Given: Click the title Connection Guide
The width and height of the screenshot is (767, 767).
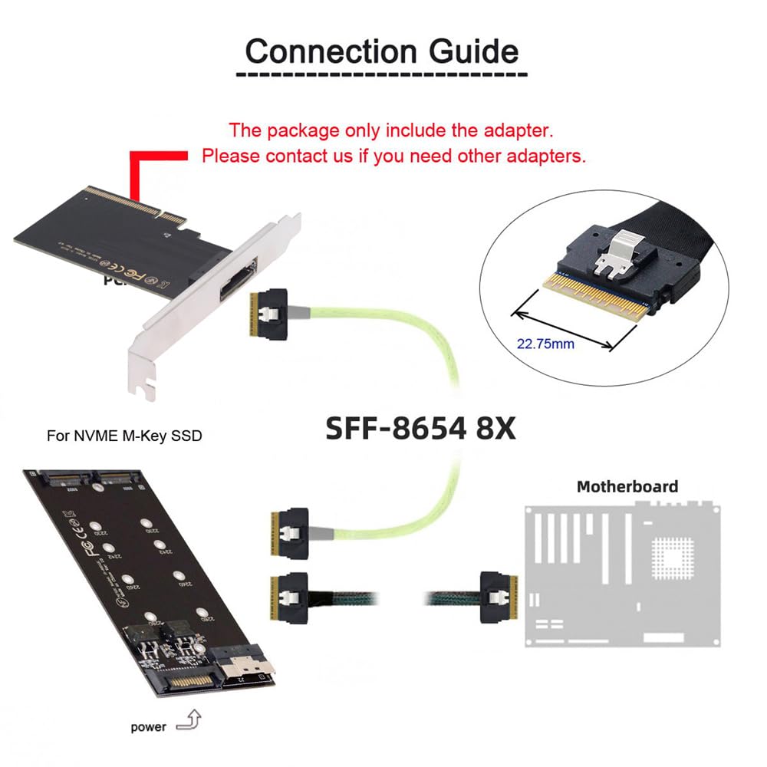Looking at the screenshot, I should click(382, 51).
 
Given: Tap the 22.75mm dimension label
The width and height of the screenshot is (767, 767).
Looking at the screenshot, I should click(545, 344).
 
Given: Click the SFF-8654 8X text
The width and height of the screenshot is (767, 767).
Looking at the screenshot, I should click(421, 428).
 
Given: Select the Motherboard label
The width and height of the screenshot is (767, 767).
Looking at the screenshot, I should click(627, 486).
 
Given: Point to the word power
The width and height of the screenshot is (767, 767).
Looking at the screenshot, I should click(148, 726).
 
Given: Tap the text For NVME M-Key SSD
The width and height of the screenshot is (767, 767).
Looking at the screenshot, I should click(125, 437).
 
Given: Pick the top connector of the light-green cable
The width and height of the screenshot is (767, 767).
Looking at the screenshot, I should click(274, 314).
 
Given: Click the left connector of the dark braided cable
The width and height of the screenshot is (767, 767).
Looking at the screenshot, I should click(289, 595).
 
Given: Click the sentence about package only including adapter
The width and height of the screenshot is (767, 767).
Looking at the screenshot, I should click(391, 130).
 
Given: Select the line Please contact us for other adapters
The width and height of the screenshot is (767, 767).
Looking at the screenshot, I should click(393, 156).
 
